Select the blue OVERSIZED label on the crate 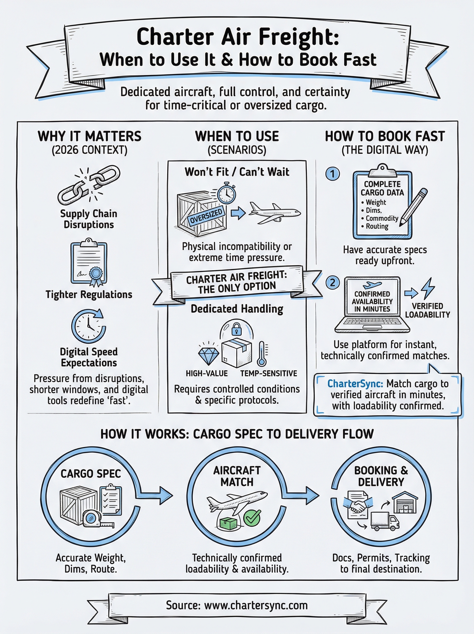[x=206, y=216]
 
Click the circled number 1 [x=332, y=174]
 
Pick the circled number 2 [x=332, y=283]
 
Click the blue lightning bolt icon [x=428, y=288]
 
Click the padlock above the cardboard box [x=236, y=329]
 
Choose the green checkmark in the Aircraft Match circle [x=252, y=518]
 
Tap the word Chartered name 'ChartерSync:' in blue [x=355, y=384]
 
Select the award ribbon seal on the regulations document [x=95, y=275]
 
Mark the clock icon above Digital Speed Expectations [x=88, y=326]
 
